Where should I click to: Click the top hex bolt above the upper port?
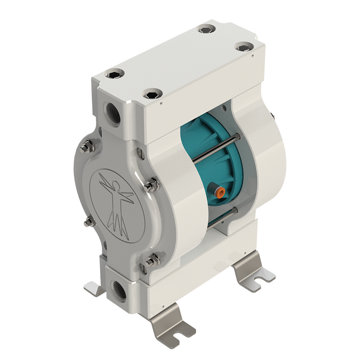pos(115,73)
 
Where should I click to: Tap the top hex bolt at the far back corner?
pos(207,29)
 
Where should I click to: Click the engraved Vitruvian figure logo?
pos(117,204)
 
